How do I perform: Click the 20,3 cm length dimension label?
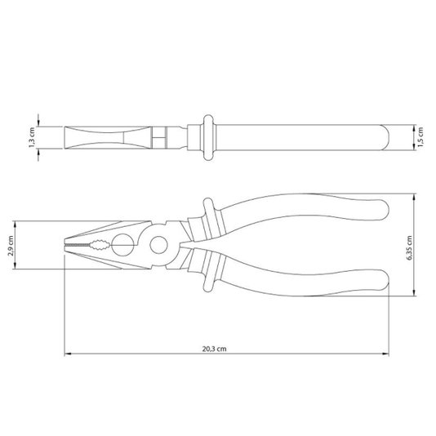(x=214, y=349)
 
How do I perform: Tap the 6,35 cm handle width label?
(x=409, y=248)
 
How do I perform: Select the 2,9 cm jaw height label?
(x=11, y=246)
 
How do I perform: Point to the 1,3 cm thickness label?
(x=32, y=137)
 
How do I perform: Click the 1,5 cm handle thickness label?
(x=420, y=137)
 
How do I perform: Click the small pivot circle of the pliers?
(x=158, y=245)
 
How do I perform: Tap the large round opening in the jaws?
(x=122, y=245)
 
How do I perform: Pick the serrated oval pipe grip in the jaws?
(x=99, y=245)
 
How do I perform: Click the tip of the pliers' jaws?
(x=65, y=245)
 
